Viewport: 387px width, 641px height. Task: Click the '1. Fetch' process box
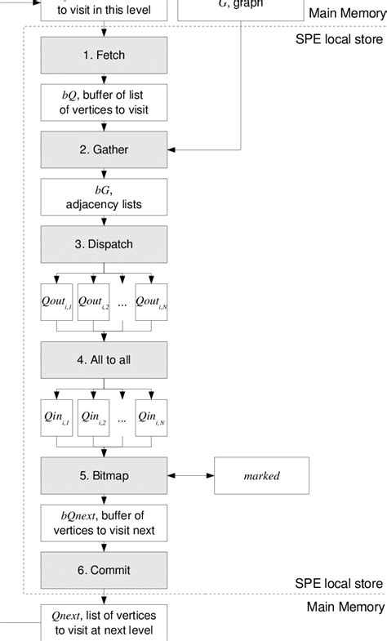pos(105,56)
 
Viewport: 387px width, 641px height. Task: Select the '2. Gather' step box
pos(105,149)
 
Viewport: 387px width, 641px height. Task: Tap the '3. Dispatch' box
pos(105,243)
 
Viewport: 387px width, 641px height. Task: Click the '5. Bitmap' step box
pos(105,475)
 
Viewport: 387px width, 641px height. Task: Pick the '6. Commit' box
pos(105,569)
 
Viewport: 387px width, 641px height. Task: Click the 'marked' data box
pos(261,475)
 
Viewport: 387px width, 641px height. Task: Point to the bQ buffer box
pos(105,103)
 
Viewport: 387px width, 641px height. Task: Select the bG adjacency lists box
pos(105,197)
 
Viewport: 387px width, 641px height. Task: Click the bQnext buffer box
pos(105,523)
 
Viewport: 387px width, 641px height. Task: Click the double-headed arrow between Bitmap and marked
pos(191,475)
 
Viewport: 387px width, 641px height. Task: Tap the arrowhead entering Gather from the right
pos(174,149)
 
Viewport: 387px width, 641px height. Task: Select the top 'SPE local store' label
pos(338,38)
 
